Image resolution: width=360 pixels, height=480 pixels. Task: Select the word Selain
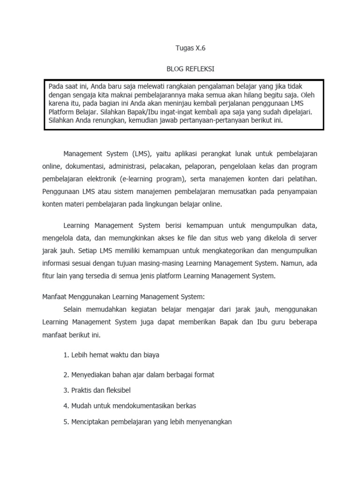click(x=74, y=309)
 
